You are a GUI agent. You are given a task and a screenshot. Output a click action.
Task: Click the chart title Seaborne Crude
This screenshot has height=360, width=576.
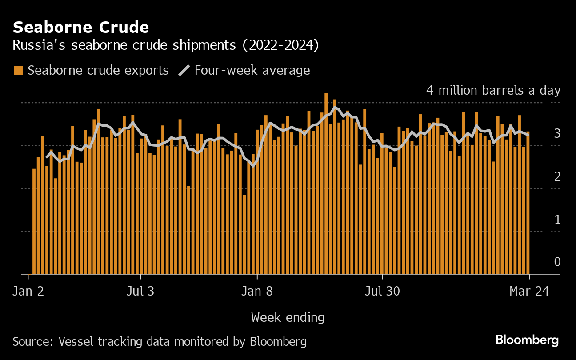coord(81,28)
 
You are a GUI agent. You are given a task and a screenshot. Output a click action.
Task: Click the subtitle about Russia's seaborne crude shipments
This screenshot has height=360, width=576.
coord(165,46)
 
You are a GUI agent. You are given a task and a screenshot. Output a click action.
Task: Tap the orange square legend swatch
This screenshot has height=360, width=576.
coord(19,70)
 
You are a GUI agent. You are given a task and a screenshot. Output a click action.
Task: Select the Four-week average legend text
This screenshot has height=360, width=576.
coord(252,70)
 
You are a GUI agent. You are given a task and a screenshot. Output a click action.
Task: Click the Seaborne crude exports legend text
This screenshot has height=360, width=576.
coord(98,70)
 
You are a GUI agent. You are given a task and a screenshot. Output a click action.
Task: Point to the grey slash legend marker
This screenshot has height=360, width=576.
coord(184,70)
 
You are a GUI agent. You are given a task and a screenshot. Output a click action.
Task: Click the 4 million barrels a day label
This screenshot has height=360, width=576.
coord(493,90)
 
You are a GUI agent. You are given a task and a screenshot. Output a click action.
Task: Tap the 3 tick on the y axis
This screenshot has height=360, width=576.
coord(557,133)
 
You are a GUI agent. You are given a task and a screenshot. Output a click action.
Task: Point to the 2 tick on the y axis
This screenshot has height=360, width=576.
coord(557,176)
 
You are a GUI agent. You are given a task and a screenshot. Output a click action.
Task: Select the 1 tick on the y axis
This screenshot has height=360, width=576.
coord(557,220)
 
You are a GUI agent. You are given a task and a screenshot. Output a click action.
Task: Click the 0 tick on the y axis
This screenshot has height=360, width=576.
coord(557,262)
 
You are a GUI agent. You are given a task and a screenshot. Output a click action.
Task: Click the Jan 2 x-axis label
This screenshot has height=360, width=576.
coord(28,292)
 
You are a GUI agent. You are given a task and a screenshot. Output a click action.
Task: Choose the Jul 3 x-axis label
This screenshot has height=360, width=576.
coord(140,292)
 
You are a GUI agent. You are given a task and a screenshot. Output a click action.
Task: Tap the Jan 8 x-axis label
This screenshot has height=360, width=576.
coord(257,292)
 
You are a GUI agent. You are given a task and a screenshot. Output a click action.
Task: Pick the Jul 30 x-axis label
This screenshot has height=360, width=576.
coord(382,292)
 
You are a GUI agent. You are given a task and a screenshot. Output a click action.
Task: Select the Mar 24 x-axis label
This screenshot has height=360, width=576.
coord(529,292)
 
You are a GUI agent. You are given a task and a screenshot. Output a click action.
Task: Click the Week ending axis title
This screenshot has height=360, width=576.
coord(288,317)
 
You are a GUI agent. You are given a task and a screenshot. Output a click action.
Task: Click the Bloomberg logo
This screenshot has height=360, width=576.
coord(527,340)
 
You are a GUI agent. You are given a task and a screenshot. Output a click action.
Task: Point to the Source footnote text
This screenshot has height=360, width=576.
coord(160,341)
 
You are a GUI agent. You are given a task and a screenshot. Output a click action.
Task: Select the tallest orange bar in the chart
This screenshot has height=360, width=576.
coord(326,184)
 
